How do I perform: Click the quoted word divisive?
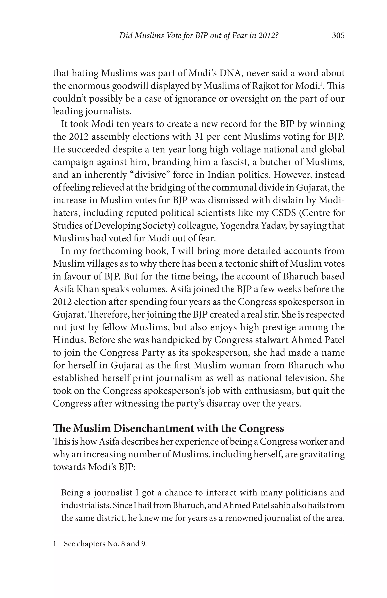(150, 175)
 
